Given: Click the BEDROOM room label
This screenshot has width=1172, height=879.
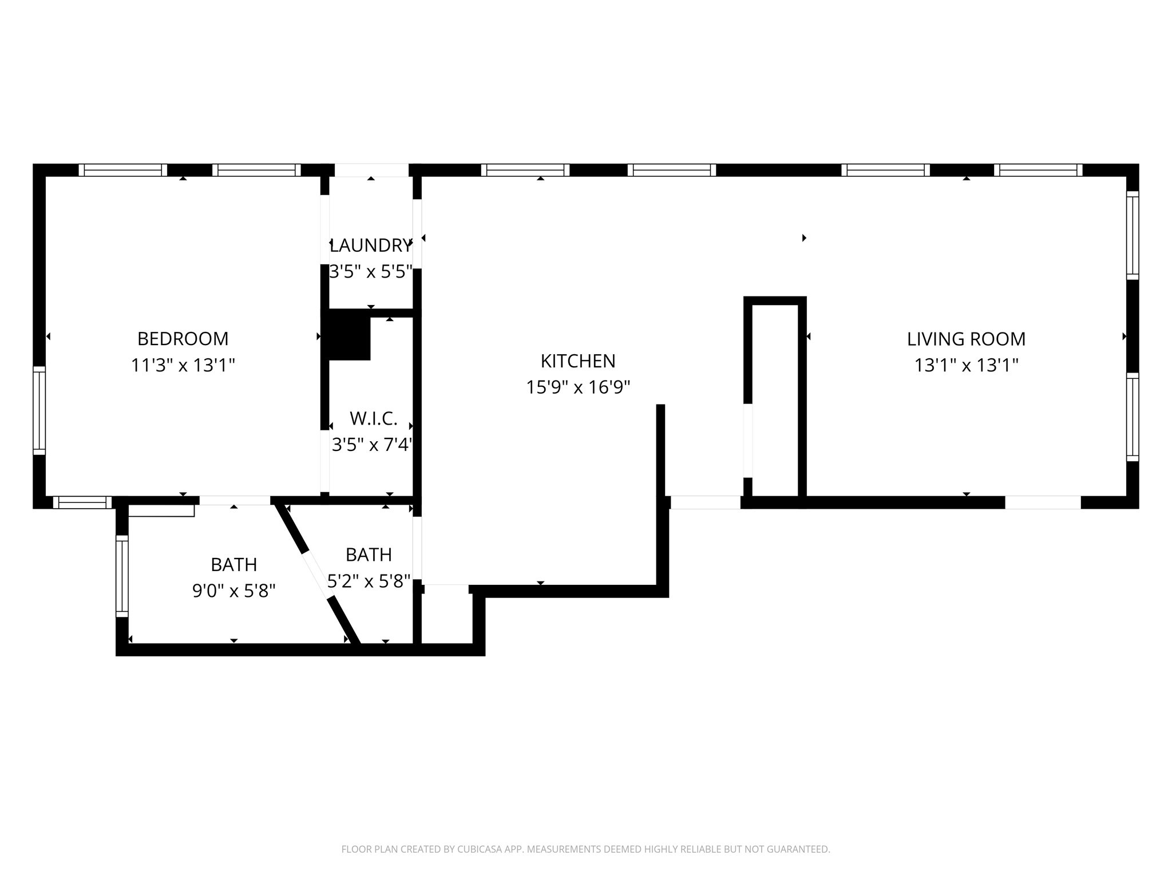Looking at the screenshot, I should pyautogui.click(x=183, y=339).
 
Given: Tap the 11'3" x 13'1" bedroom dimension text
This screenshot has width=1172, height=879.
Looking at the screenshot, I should pyautogui.click(x=183, y=365).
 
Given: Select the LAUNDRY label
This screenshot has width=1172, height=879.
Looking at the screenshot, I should pyautogui.click(x=370, y=246).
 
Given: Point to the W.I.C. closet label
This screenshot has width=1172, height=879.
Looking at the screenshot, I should pyautogui.click(x=373, y=419).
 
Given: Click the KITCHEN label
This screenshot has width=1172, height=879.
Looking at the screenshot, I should pyautogui.click(x=578, y=361).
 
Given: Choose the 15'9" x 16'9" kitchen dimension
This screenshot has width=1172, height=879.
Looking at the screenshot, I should pyautogui.click(x=578, y=387).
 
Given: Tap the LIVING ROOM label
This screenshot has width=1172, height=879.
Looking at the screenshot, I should pyautogui.click(x=966, y=339).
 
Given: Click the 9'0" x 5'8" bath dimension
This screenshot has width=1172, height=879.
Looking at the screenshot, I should pyautogui.click(x=233, y=591).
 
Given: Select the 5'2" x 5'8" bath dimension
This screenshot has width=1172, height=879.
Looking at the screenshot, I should pyautogui.click(x=369, y=581).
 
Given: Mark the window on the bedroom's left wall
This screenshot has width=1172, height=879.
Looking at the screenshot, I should pyautogui.click(x=39, y=410).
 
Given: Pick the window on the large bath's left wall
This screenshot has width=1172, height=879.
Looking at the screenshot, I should pyautogui.click(x=122, y=576).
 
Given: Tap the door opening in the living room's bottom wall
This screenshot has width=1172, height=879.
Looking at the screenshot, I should pyautogui.click(x=1043, y=502).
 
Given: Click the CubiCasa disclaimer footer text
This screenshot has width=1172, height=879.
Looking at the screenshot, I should pyautogui.click(x=585, y=849).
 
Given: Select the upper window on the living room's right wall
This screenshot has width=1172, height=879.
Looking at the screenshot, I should pyautogui.click(x=1132, y=235).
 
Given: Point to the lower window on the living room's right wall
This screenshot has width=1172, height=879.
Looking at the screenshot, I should pyautogui.click(x=1132, y=417).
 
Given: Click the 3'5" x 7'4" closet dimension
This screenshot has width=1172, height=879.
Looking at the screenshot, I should pyautogui.click(x=372, y=445).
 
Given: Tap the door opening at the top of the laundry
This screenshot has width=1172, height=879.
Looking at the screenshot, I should pyautogui.click(x=371, y=170).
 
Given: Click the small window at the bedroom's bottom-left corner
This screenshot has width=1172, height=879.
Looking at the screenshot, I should pyautogui.click(x=82, y=502).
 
